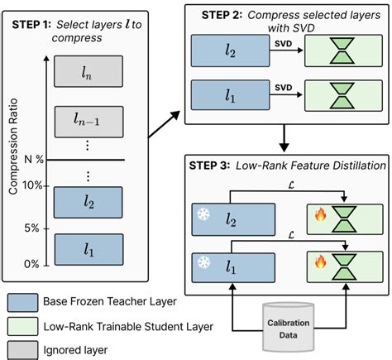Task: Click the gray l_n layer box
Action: point(88,73)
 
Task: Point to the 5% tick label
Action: point(32,228)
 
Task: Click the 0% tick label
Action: point(32,264)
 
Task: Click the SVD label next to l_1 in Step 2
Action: point(283,85)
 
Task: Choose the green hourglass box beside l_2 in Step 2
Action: point(341,51)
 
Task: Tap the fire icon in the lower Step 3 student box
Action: point(319,263)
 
